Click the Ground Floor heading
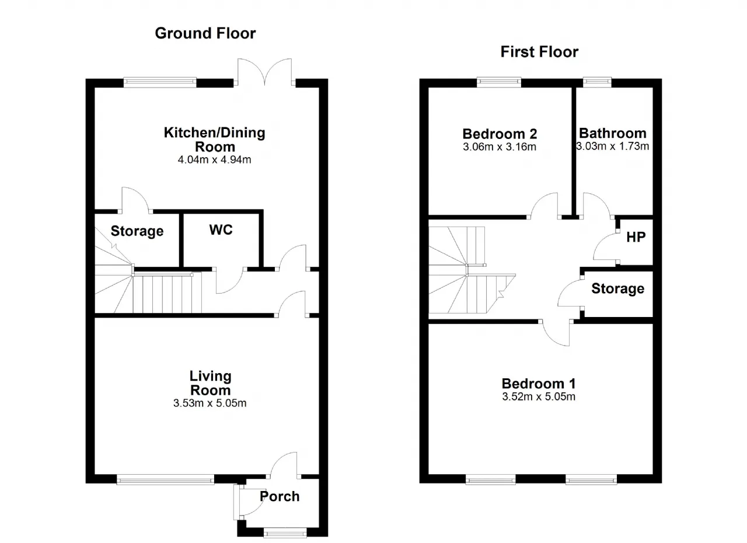click(205, 33)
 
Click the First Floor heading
click(539, 52)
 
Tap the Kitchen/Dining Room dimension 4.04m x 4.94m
click(214, 160)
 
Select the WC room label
click(221, 230)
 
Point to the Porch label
click(280, 496)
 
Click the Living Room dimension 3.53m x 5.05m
click(210, 403)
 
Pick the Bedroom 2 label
click(500, 134)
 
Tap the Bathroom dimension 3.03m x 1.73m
click(613, 146)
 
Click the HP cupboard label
click(636, 237)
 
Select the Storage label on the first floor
click(617, 289)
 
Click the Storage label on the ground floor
click(137, 231)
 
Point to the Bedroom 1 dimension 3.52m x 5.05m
click(539, 396)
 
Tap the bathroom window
click(597, 82)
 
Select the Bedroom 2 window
click(499, 82)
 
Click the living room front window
click(165, 480)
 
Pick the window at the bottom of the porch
click(285, 533)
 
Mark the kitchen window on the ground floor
click(160, 82)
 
